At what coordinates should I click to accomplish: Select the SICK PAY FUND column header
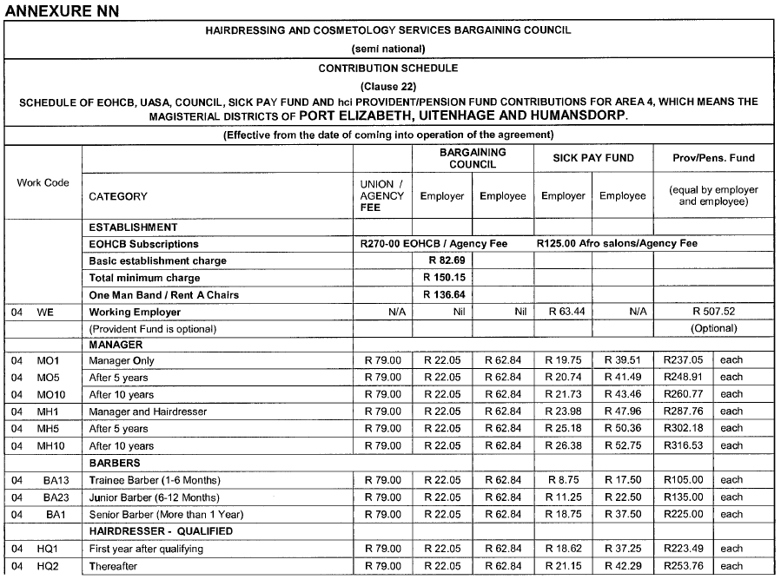[593, 158]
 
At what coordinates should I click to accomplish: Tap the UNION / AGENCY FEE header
[382, 196]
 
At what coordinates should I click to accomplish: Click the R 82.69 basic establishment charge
[442, 260]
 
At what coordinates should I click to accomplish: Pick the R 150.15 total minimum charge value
[442, 278]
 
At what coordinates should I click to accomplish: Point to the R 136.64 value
[442, 295]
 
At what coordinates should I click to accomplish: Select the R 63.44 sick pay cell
[563, 312]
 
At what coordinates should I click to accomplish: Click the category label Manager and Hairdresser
[143, 412]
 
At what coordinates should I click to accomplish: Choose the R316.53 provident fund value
[682, 445]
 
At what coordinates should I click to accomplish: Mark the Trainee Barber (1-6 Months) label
[153, 480]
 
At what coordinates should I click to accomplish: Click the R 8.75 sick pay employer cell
[563, 480]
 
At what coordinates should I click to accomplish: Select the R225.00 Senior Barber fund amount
[682, 514]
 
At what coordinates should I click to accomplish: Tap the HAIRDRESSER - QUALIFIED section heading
[161, 531]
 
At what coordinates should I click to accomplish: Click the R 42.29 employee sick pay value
[622, 566]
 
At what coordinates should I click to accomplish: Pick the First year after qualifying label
[146, 549]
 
